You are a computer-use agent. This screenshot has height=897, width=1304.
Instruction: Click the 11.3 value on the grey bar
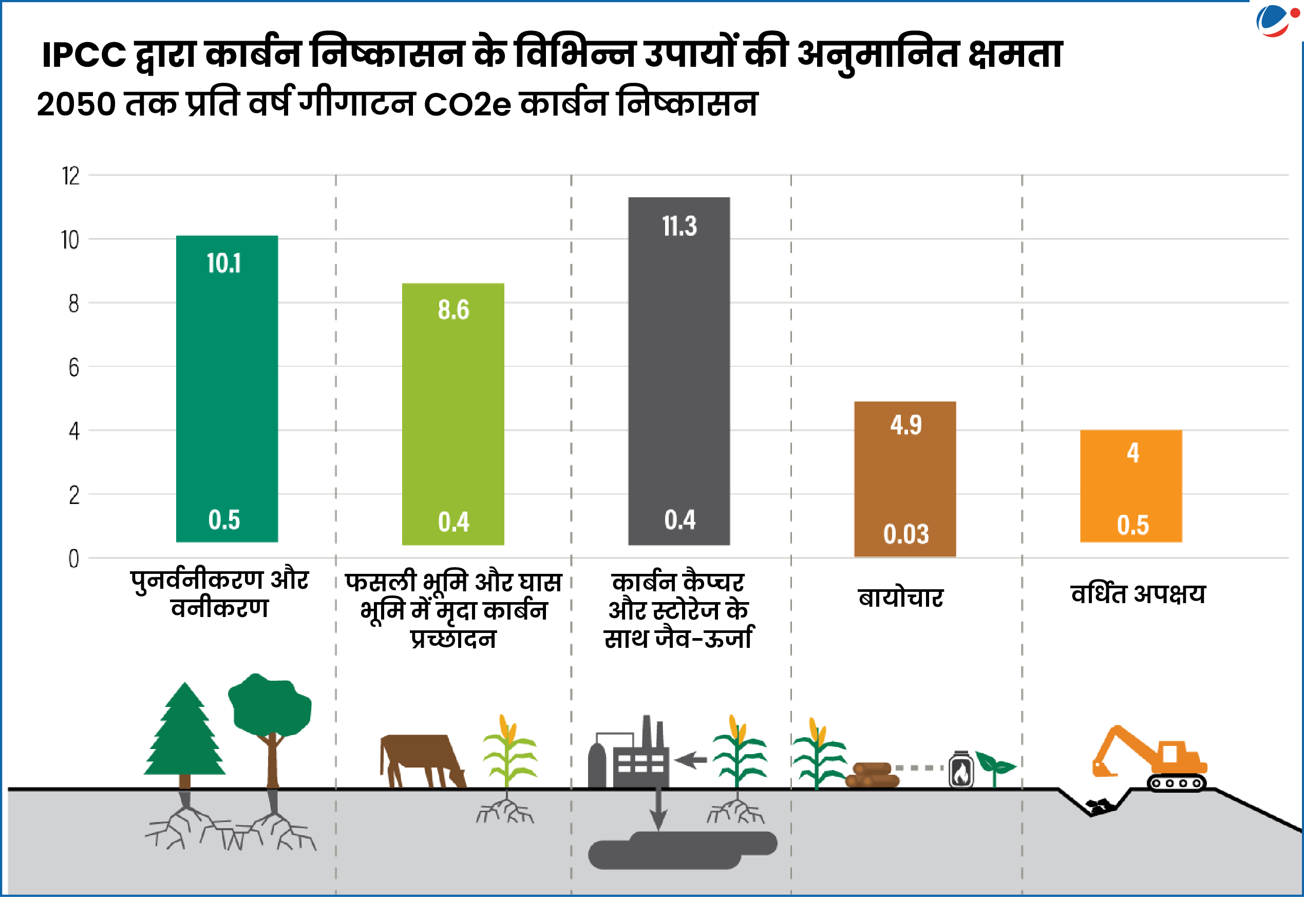[x=679, y=226]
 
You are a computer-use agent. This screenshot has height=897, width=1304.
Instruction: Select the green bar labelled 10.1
[x=227, y=388]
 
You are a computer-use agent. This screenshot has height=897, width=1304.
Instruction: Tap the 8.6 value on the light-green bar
[x=453, y=310]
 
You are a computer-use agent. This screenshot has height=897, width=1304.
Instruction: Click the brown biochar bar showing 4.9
[x=904, y=478]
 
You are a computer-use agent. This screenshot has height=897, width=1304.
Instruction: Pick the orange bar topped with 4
[x=1131, y=486]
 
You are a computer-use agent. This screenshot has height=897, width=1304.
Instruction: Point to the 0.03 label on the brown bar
[x=905, y=534]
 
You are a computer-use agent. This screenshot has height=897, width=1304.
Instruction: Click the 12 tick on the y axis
[x=71, y=177]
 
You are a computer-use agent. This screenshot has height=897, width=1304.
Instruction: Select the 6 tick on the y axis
[x=73, y=368]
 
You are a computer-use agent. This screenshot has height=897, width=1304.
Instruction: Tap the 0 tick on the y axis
[x=73, y=559]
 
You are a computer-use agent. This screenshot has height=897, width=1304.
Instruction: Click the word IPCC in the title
[x=84, y=55]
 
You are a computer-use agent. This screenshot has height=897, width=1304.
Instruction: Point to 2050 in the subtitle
[x=77, y=104]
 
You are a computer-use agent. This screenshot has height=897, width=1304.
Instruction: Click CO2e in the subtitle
[x=467, y=104]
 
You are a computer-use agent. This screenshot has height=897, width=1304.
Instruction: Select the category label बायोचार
[x=901, y=597]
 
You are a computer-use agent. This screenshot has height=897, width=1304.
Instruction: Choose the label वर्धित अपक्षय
[x=1138, y=593]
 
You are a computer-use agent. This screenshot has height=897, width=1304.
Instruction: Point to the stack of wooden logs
[x=872, y=775]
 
